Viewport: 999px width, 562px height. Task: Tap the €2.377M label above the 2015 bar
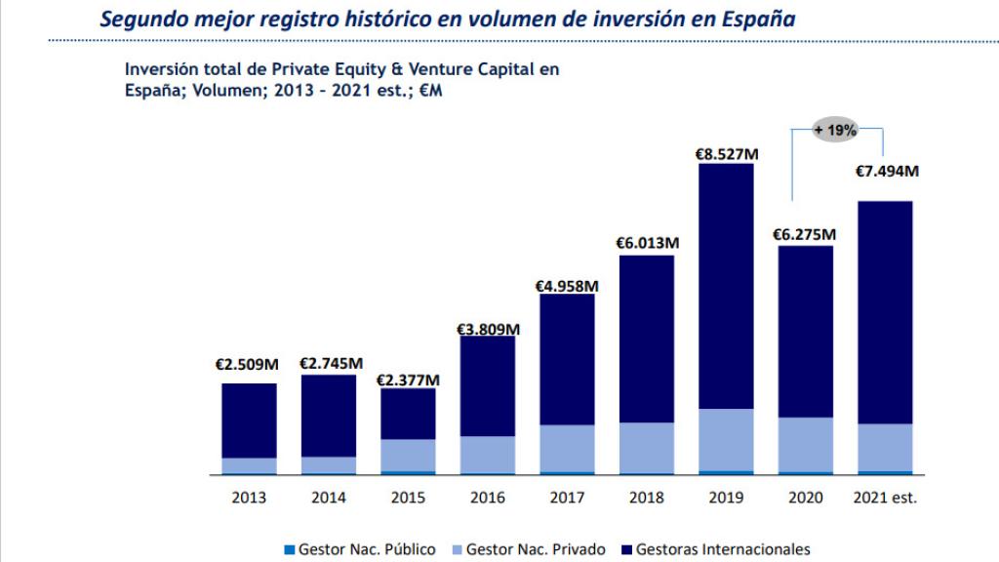409,380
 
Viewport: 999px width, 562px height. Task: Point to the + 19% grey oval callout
835,129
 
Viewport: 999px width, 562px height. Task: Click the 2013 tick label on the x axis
249,498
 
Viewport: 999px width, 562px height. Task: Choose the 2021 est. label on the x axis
885,498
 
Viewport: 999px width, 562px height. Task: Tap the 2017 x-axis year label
567,498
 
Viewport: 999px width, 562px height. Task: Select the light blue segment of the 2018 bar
647,447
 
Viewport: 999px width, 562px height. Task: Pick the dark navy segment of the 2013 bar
249,421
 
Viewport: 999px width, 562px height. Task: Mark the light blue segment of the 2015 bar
408,455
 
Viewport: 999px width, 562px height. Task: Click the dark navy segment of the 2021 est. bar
885,312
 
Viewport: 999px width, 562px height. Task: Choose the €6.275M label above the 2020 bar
805,235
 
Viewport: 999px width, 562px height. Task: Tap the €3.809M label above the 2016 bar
488,329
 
